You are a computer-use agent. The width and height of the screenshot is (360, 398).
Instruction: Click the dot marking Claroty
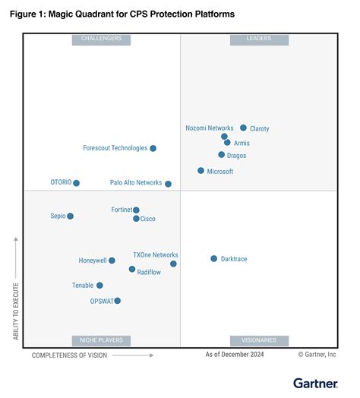243,128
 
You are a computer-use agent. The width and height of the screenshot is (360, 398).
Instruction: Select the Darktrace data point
213,259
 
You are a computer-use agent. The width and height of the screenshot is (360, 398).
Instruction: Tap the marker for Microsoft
201,171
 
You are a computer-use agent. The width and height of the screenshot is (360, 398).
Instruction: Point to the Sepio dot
70,216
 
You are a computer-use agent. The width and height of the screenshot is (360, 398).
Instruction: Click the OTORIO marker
76,183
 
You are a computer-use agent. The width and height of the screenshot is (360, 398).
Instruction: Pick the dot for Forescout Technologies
153,149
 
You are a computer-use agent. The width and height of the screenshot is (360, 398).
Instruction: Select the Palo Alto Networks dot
168,184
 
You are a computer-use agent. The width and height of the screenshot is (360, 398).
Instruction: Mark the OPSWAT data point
117,301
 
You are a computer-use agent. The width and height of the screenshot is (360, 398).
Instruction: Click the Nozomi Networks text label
210,128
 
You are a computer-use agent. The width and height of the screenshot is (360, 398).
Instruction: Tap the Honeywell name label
93,261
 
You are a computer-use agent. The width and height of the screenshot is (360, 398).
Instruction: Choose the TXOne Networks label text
156,255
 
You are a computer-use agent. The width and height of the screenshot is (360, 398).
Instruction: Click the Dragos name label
236,156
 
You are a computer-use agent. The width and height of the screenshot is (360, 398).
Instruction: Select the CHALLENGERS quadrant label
101,39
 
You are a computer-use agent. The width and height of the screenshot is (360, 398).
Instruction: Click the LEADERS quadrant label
259,39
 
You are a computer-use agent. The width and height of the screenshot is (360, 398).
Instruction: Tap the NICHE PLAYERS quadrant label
101,340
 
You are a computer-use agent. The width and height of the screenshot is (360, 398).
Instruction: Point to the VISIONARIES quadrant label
259,340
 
